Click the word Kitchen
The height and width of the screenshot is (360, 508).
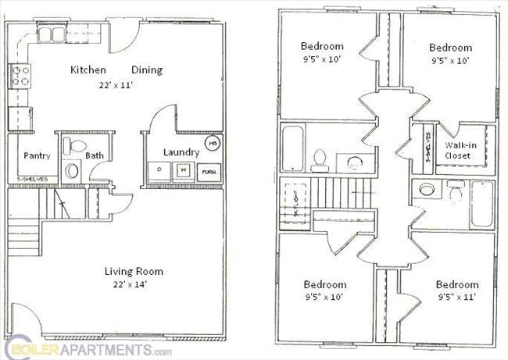point(88,70)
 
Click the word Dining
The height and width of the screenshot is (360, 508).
point(147,70)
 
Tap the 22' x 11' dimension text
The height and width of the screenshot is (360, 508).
point(116,84)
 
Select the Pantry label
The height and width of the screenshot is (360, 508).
point(37,155)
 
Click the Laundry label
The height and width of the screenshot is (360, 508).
point(180,152)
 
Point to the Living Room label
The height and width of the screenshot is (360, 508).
point(134,272)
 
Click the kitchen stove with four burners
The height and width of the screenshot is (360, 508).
point(20,77)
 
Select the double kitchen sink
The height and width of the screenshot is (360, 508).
point(51,34)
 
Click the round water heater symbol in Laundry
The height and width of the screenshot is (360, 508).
point(213,144)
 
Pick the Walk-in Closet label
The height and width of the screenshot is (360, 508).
point(458,150)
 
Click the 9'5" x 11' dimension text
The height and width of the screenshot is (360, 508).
point(457,297)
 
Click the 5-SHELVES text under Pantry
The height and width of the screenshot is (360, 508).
point(33,179)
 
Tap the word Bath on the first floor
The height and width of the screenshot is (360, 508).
point(95,155)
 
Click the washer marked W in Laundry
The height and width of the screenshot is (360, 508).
point(183,169)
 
